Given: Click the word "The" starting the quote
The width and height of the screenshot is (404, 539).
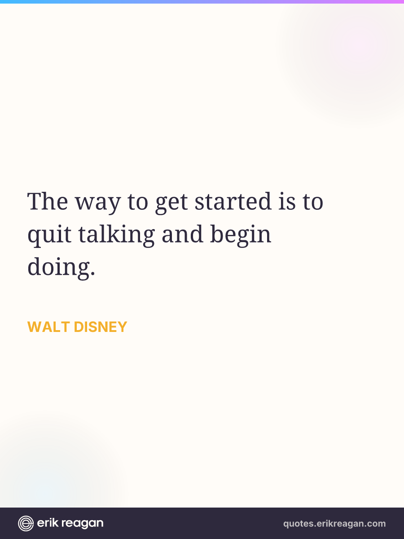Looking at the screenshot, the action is point(48,201).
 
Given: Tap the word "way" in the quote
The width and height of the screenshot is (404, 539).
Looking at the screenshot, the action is point(98,204).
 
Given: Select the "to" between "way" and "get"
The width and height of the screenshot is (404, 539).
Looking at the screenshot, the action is point(138,202).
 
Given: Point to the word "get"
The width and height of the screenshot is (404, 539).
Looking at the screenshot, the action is point(171,204).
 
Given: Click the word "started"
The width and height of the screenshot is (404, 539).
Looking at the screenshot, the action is point(233,201).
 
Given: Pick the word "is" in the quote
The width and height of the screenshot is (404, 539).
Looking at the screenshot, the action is point(287,201).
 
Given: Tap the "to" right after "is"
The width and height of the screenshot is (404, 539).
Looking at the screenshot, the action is point(313,202).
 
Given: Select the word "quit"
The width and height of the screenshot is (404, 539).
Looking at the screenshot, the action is point(49,235).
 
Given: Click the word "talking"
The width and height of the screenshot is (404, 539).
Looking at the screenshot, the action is point(117,235).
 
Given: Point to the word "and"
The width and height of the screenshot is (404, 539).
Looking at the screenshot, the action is point(183,234).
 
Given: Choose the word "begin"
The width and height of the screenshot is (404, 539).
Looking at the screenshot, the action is point(241,235).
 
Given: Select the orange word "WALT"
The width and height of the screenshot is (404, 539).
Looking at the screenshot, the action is point(48,327).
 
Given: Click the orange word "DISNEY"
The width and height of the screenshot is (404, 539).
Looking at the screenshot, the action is point(100,327).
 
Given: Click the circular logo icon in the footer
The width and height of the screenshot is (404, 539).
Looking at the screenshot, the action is point(26,523).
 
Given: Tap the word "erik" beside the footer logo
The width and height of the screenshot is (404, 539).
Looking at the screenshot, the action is point(48,523).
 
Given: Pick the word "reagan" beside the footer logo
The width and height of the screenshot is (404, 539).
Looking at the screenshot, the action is point(83,524).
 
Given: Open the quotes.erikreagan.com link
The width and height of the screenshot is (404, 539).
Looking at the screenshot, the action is point(334,524).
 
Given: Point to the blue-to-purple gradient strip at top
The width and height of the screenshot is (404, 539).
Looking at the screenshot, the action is point(202,1).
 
